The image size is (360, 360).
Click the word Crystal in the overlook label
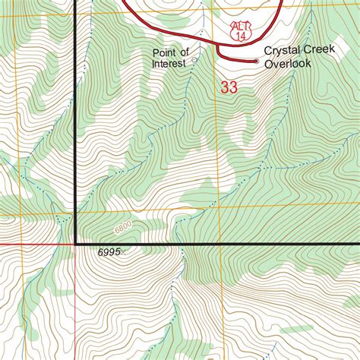point(279,51)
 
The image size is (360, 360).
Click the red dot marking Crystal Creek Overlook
point(256,60)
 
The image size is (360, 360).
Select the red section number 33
point(229,87)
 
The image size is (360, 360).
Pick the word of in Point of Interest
point(185,52)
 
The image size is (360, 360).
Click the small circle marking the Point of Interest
point(194,58)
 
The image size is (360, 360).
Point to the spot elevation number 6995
point(109,252)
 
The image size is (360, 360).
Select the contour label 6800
point(124,226)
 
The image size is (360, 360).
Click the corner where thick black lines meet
point(76,244)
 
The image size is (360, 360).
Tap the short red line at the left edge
point(30,245)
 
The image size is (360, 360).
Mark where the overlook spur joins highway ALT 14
point(219,46)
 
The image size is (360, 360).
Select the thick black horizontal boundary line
point(228,244)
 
